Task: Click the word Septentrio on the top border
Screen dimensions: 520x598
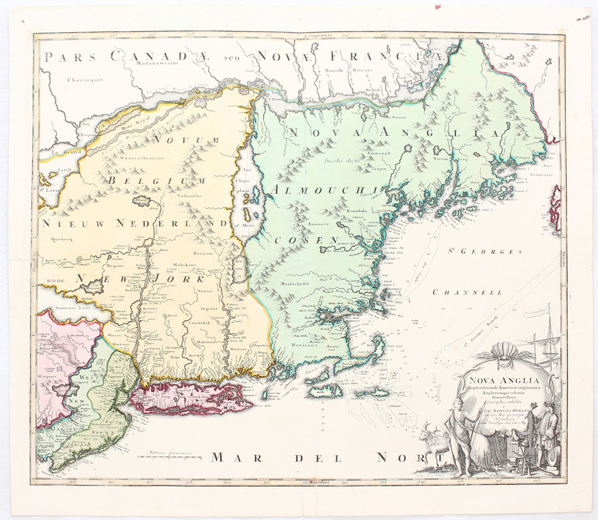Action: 321,36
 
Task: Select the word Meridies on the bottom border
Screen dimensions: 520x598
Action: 319,482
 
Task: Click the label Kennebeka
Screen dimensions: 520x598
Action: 357,211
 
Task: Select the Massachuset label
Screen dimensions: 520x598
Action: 294,283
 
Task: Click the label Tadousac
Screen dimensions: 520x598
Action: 189,195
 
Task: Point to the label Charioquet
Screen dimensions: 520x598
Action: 85,80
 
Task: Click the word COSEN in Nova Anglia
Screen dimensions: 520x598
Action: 306,240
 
